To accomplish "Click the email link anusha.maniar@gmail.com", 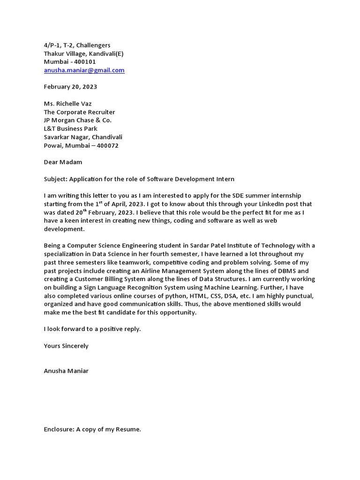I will coord(84,70).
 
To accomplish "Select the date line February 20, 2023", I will coord(70,87).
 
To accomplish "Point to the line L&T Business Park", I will coord(70,128).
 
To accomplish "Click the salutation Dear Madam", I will coord(63,162).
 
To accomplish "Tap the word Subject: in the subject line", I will coord(56,179).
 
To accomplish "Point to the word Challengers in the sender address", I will coord(93,45).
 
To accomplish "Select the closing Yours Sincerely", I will coord(66,346).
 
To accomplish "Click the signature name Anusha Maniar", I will coord(66,371).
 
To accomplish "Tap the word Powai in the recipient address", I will coord(52,145).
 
